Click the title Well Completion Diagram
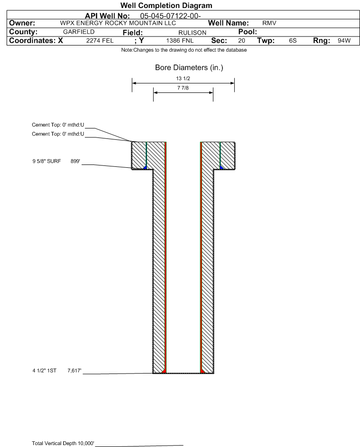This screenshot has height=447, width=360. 166,5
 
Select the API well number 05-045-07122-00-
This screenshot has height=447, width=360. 170,16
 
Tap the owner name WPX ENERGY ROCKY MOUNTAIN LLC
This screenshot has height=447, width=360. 118,23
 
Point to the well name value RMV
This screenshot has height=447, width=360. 269,23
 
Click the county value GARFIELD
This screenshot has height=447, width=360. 79,32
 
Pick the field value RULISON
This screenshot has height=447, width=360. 192,33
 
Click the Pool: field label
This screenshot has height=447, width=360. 248,32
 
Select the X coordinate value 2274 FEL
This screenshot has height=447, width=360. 100,40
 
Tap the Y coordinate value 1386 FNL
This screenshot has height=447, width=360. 180,40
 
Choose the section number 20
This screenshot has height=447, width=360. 241,40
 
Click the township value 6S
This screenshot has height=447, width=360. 293,40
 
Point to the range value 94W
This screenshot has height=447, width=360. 344,40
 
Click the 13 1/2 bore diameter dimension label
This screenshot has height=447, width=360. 183,78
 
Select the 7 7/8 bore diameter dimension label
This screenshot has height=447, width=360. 183,88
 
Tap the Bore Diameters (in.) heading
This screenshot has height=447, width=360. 189,68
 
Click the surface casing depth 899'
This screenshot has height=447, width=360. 75,161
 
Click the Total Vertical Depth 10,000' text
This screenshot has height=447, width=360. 63,443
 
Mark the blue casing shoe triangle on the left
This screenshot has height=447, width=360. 145,168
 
